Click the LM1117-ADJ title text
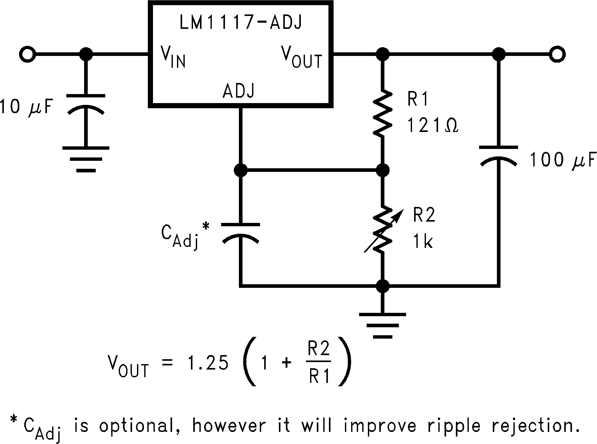click(x=240, y=22)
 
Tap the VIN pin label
click(x=173, y=57)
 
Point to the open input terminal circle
click(x=27, y=54)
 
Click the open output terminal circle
click(x=557, y=54)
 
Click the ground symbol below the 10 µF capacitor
click(x=86, y=158)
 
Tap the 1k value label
click(x=423, y=241)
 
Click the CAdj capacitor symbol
click(x=240, y=232)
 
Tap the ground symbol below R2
click(x=383, y=325)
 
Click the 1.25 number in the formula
click(x=208, y=363)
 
